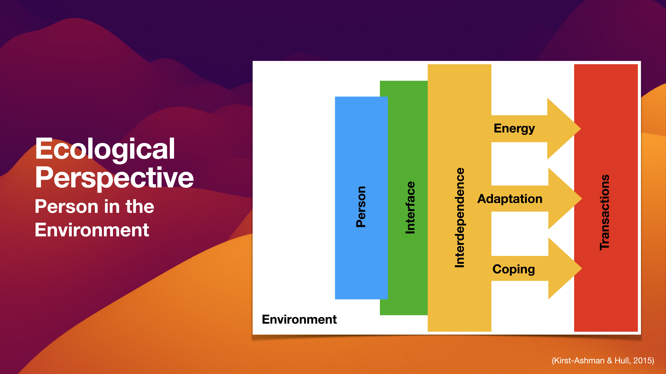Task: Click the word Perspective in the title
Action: tap(114, 178)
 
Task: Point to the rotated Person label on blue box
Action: tap(361, 206)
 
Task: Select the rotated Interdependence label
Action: tap(459, 218)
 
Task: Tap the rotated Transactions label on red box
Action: tap(604, 212)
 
